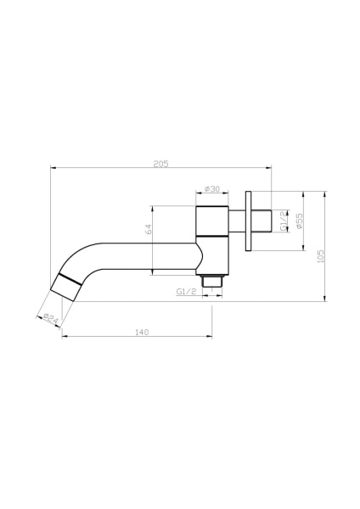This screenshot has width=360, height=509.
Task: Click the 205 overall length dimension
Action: [x=161, y=163]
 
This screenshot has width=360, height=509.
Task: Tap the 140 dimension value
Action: [x=141, y=332]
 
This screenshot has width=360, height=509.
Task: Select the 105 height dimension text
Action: [x=320, y=255]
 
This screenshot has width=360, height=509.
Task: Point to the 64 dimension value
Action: [x=148, y=229]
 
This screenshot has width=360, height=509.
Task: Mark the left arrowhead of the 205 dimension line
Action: [x=53, y=167]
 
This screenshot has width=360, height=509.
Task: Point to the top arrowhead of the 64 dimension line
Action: [x=152, y=206]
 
